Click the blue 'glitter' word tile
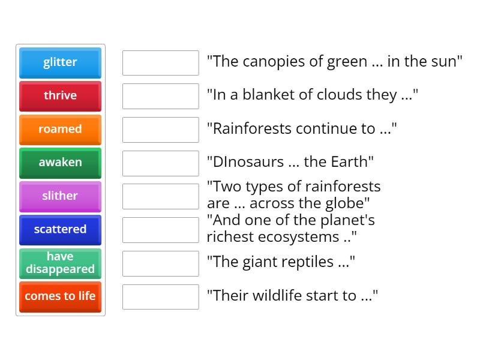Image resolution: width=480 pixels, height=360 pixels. [60, 62]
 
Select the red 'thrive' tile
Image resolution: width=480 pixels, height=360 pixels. [60, 96]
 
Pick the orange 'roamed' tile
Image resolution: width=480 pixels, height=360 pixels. [60, 130]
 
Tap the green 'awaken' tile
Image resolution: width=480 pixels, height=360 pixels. [60, 163]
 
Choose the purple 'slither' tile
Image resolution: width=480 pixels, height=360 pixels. [60, 196]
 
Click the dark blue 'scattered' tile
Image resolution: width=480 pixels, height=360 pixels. [60, 230]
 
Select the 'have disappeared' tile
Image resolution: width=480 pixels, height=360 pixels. [60, 263]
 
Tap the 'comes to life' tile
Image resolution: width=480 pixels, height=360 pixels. [60, 296]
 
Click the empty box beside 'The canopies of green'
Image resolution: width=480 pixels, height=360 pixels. [160, 63]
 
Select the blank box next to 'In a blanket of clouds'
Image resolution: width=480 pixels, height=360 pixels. [160, 97]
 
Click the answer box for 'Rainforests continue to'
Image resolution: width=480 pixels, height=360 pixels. [160, 130]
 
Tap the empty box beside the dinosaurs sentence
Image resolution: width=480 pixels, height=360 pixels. [160, 163]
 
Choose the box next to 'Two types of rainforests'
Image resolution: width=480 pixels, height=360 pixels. [160, 197]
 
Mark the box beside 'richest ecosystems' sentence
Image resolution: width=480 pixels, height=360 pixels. [160, 230]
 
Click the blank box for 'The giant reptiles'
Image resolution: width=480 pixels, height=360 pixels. [160, 263]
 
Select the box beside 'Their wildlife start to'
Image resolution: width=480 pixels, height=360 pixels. [160, 297]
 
